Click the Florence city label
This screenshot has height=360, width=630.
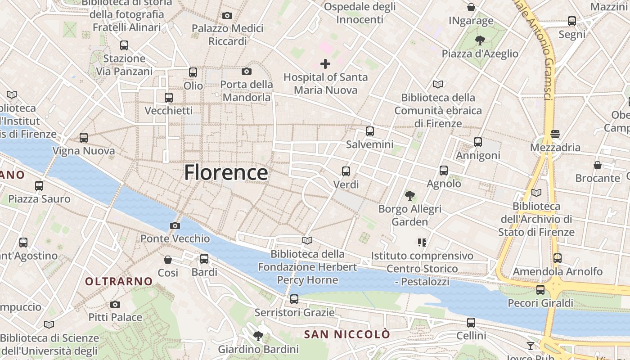226,172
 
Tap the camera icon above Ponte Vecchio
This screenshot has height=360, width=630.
175,225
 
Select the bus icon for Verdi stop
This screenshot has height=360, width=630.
346,171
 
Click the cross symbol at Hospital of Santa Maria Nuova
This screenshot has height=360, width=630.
325,64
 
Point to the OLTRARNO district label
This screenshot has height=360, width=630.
119,282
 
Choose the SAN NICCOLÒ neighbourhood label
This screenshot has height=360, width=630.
347,334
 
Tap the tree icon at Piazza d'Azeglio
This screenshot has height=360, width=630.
480,40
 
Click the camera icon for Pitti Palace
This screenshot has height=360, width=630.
115,304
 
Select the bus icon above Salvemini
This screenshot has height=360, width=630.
369,131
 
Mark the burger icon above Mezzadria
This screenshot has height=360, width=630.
555,134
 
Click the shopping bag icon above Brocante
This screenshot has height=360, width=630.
598,165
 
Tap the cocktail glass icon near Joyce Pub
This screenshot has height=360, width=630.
531,346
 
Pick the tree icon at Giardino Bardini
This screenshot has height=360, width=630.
258,336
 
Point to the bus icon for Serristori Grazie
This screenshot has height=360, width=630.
294,299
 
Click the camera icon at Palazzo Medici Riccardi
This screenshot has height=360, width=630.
227,16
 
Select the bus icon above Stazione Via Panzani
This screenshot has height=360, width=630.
124,45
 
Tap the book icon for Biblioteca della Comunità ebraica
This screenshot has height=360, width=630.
438,84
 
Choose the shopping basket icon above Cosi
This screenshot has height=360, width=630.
168,260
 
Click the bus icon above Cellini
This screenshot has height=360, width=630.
471,323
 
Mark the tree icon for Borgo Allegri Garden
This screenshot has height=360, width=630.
409,196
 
